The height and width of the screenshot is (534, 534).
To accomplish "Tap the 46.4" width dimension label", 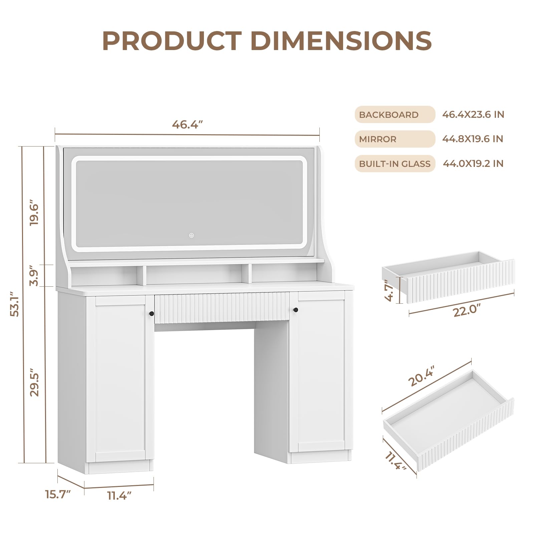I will click(188, 124).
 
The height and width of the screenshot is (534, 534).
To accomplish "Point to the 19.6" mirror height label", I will click(34, 213).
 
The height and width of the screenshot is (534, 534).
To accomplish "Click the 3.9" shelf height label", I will click(34, 276).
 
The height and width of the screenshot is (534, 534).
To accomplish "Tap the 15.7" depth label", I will click(58, 494).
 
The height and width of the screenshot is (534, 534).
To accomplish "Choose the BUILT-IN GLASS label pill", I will click(394, 164).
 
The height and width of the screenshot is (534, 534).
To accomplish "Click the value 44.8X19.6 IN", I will click(473, 139).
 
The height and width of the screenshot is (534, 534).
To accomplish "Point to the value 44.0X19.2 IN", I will click(473, 164).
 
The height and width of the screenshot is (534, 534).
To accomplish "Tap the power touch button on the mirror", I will click(192, 235).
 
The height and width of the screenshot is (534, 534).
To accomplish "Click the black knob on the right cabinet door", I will click(295, 310).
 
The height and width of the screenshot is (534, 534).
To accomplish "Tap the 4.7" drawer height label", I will click(389, 290).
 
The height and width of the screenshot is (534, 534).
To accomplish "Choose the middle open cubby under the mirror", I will click(197, 275).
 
